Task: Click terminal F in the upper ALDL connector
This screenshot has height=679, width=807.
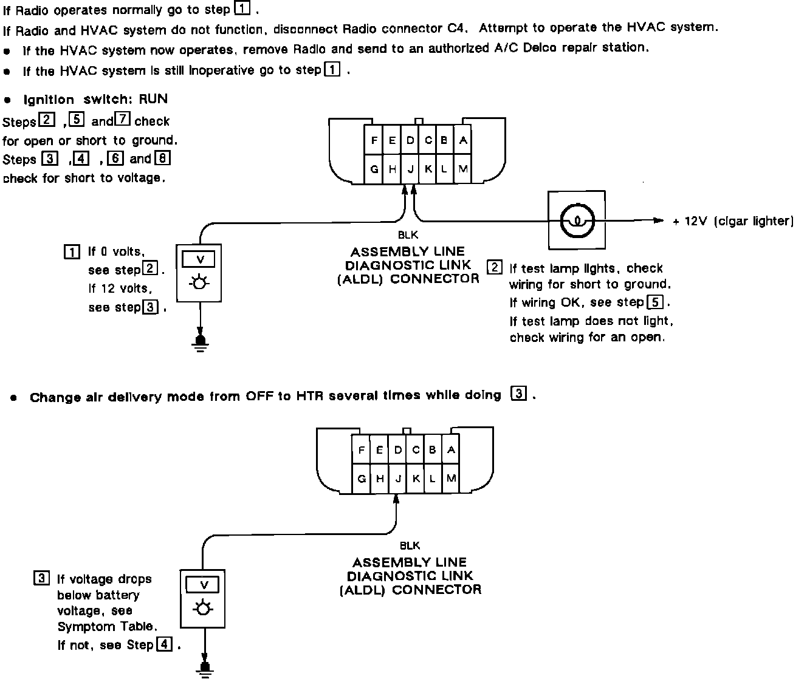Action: pos(374,141)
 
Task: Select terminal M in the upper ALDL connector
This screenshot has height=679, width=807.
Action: pos(463,169)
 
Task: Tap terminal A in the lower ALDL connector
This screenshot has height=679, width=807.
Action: pos(450,450)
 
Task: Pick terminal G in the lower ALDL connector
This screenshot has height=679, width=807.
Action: pos(362,479)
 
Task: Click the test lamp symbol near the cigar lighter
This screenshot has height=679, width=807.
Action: pos(577,220)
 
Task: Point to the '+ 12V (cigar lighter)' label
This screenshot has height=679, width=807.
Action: pos(733,221)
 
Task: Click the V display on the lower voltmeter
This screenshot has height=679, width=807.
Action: pos(204,585)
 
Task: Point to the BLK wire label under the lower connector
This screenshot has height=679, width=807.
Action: pos(410,546)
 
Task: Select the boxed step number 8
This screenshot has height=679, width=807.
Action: pos(162,159)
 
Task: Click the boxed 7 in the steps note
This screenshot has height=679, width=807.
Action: pos(123,120)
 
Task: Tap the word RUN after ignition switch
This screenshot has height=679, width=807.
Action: pos(153,99)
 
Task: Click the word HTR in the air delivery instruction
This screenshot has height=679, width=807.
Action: pos(309,397)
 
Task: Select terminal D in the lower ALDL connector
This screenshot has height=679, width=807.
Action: pos(398,450)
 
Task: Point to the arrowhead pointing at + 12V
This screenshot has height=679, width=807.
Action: pos(659,220)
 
